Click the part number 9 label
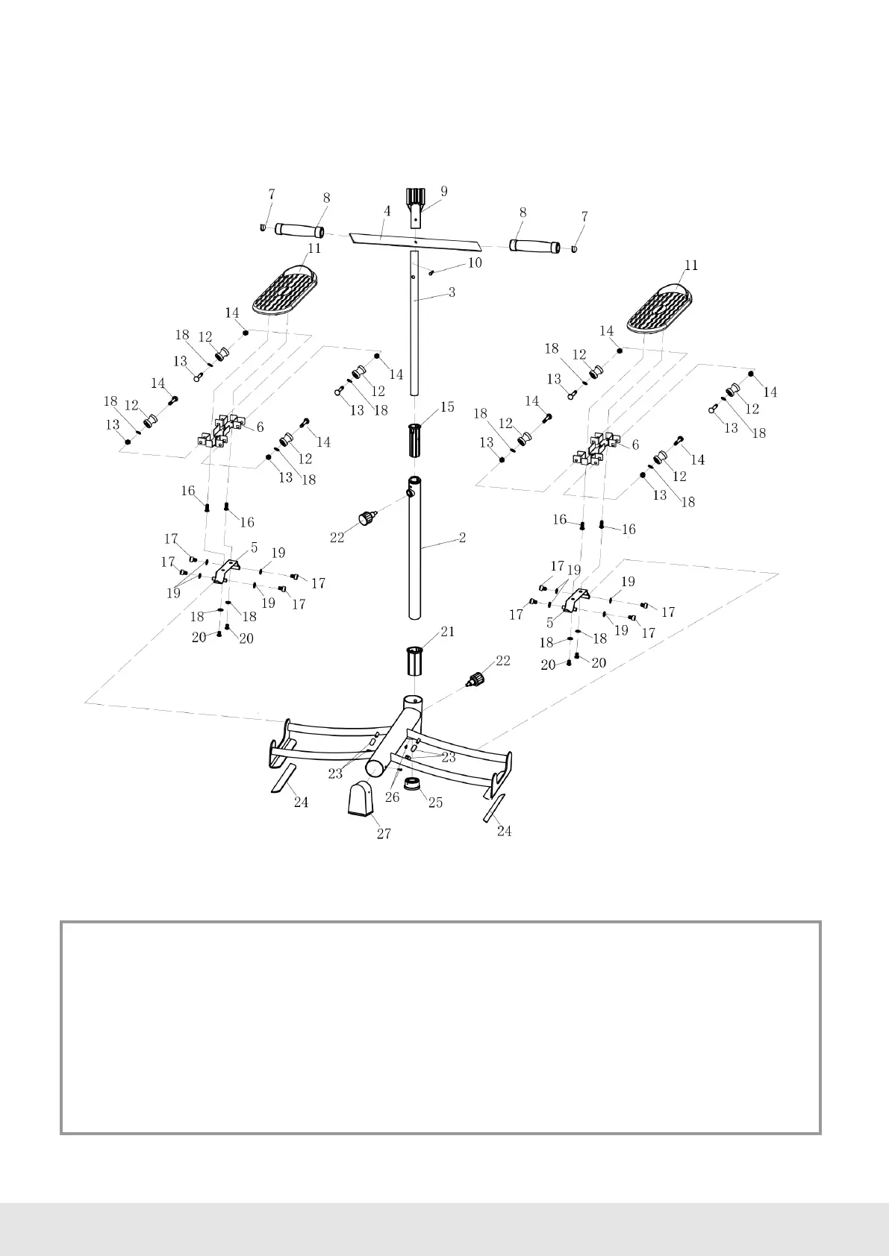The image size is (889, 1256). click(444, 191)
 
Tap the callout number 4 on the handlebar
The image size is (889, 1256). click(387, 212)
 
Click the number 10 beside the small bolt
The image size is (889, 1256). click(475, 263)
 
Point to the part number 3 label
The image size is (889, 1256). click(452, 293)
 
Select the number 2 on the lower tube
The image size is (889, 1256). click(462, 537)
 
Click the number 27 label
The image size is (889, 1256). click(384, 834)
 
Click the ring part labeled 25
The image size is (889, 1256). click(411, 785)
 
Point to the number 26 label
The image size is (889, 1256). click(392, 797)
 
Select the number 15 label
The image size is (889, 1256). click(446, 407)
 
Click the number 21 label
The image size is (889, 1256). click(447, 632)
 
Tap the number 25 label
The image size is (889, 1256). click(434, 803)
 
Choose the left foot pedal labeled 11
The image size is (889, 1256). click(284, 292)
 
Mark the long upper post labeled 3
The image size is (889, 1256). click(414, 328)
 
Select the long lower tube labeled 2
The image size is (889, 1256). click(415, 552)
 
